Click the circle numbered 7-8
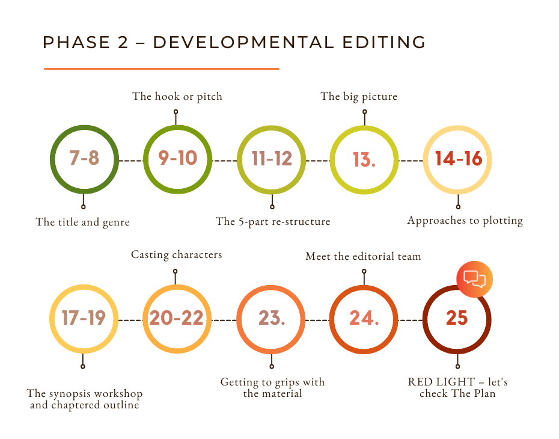(x=84, y=160)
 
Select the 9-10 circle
(x=177, y=160)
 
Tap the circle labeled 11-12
(x=271, y=160)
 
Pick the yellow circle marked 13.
(x=364, y=160)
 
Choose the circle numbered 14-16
(x=458, y=160)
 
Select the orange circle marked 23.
(x=271, y=319)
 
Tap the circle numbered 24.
(x=364, y=319)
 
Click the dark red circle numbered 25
(x=457, y=319)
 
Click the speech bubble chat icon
(x=475, y=280)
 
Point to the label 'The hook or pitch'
(x=177, y=96)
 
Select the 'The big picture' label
(x=359, y=96)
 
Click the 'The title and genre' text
(x=82, y=223)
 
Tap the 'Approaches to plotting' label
(x=465, y=221)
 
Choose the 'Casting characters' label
(x=176, y=255)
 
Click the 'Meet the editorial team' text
(x=363, y=257)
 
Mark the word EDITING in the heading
(x=383, y=43)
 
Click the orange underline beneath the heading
(x=161, y=69)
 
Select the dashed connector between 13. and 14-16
(x=411, y=161)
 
